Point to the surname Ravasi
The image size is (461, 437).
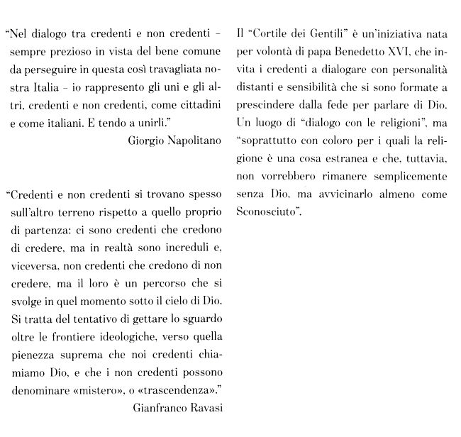[x=210, y=407]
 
